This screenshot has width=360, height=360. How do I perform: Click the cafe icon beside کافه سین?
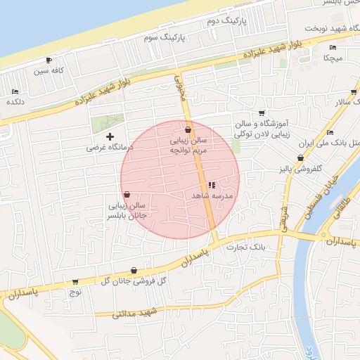coord(49,60)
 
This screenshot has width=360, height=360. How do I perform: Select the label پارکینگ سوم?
coord(162,36)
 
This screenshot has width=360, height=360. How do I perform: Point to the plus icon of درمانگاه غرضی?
coord(109,136)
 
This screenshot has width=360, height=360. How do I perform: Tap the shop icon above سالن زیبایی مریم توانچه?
coord(188,130)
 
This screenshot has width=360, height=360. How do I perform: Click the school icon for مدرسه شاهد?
coord(212,184)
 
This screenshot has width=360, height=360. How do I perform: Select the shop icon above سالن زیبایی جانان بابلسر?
coord(127,195)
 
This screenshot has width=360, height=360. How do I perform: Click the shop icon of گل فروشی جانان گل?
coord(134,271)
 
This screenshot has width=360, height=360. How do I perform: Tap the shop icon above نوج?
coord(75,281)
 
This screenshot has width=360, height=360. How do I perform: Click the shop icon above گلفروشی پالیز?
coord(301,159)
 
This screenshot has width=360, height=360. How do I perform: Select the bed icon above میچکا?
coord(333,48)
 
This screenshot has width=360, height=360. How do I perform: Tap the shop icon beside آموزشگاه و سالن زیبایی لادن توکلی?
coord(262,112)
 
